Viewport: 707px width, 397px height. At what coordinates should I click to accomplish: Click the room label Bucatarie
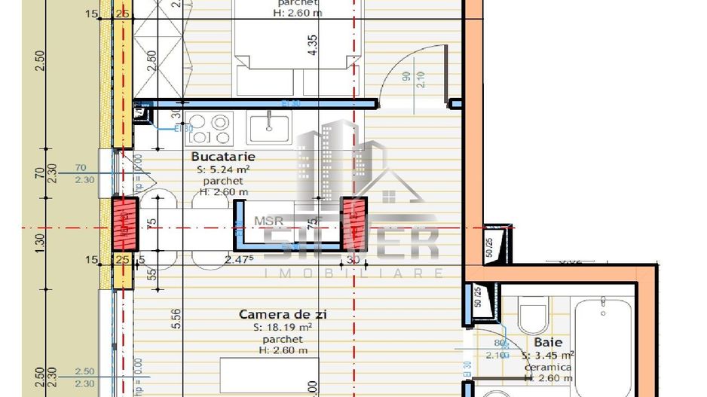tap(223, 157)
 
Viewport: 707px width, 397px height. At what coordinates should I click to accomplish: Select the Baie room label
tap(548, 342)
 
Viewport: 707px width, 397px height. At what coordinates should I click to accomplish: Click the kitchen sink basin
tap(268, 126)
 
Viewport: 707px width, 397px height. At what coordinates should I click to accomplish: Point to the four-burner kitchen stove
tap(207, 127)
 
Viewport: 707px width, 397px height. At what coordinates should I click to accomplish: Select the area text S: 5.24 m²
tap(223, 169)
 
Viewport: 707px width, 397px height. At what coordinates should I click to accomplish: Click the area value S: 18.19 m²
tap(283, 328)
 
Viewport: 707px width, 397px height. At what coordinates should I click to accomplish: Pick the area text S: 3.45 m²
tap(549, 355)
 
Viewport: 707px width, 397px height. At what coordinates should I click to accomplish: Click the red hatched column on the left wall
tap(125, 223)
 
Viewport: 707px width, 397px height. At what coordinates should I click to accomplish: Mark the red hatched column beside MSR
tap(353, 223)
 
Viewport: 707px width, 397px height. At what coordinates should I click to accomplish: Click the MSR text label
tap(268, 221)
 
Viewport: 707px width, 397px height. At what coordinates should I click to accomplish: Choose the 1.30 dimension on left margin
tap(40, 241)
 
